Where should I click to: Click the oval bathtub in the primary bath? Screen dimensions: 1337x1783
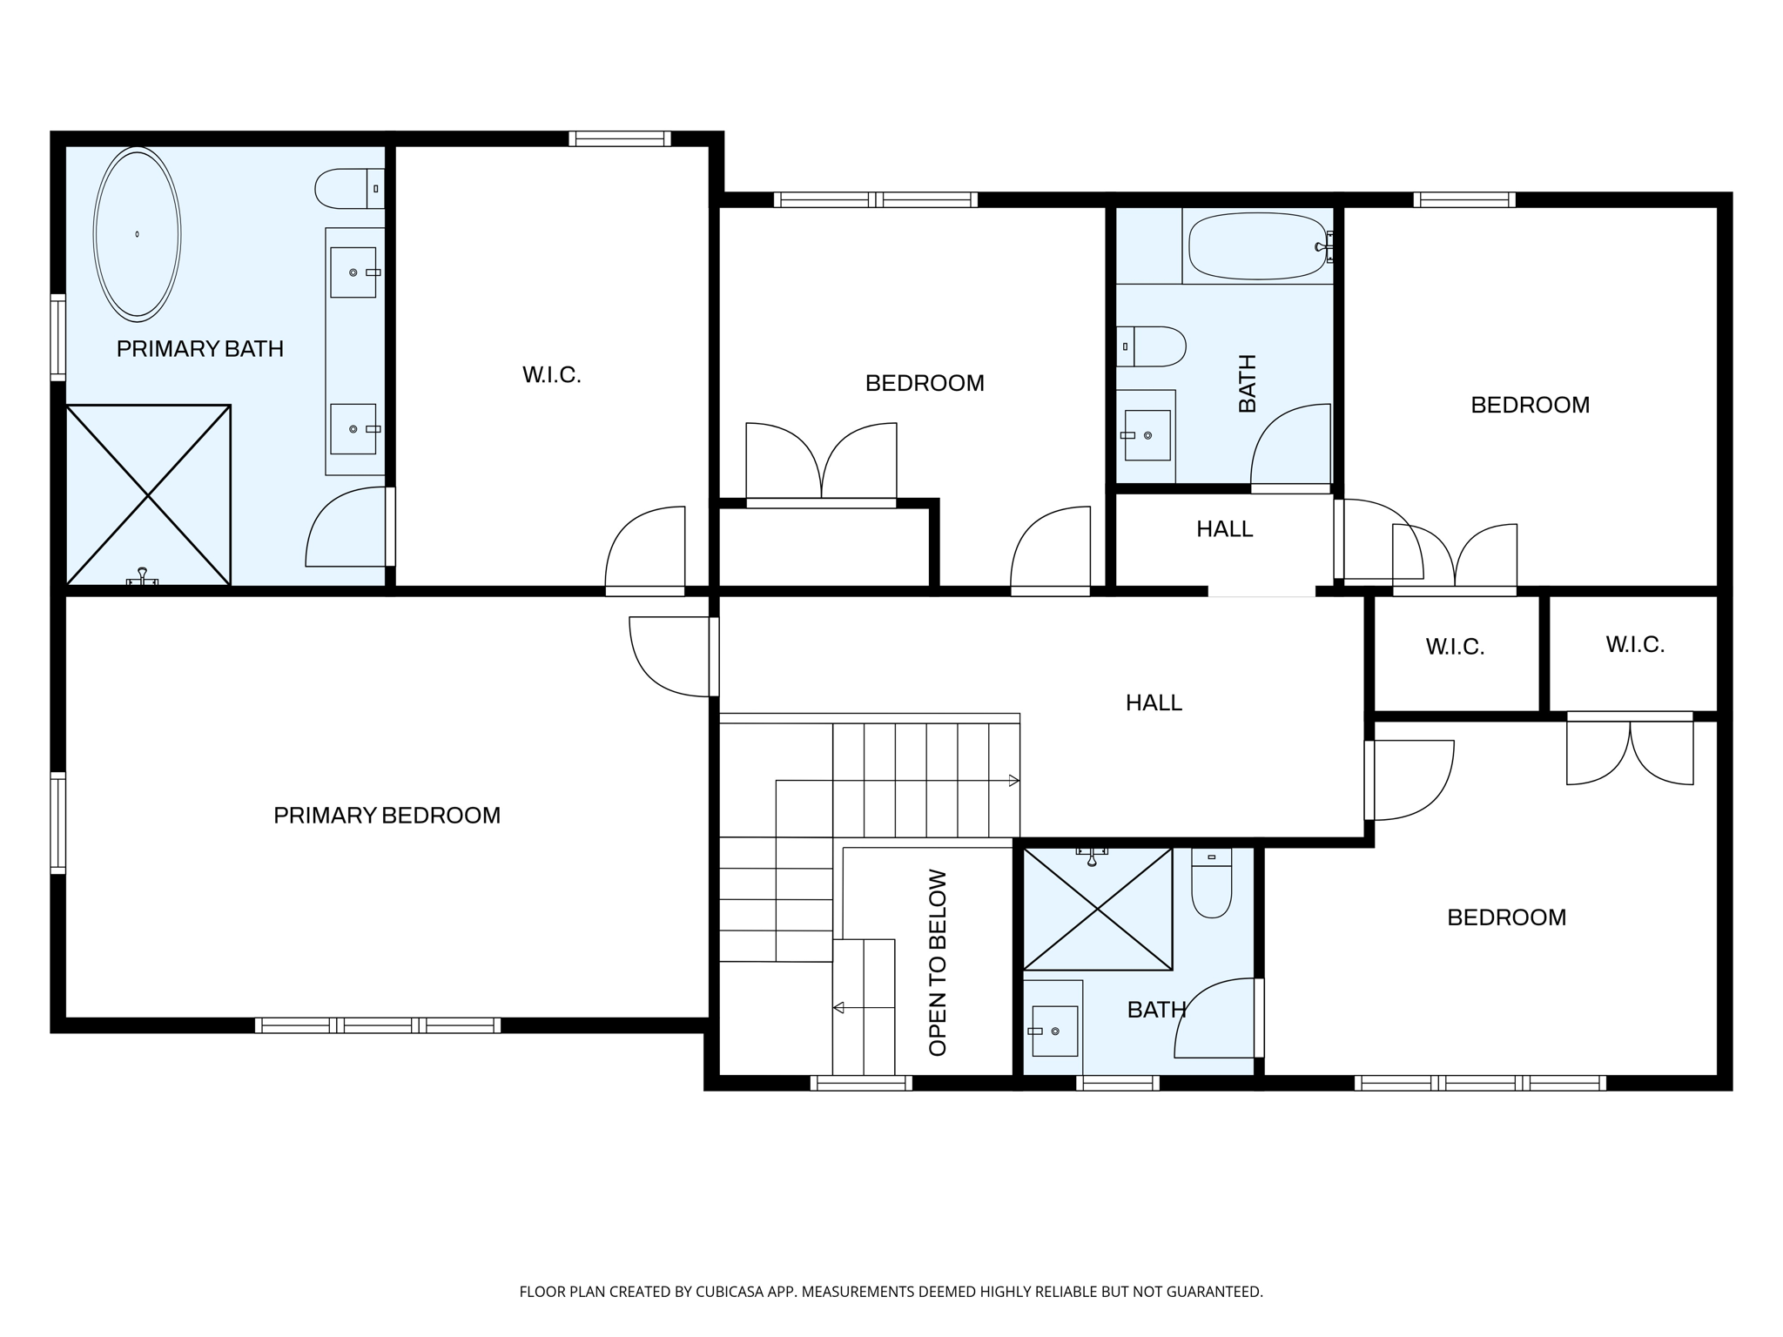point(137,233)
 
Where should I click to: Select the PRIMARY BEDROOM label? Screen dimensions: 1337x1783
point(387,816)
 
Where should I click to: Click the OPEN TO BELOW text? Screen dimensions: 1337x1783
point(938,963)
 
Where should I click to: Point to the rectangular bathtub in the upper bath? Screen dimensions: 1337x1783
point(1257,247)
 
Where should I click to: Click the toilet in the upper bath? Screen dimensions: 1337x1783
point(1152,346)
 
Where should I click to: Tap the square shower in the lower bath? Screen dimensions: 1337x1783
point(1098,909)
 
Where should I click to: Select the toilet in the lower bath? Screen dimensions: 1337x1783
point(1211,883)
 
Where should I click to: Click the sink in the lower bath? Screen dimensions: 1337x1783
point(1054,1031)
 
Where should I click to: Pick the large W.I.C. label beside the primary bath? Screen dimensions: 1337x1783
point(551,375)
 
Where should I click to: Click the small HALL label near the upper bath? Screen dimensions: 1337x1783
point(1224,529)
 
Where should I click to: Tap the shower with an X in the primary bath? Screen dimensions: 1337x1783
point(148,494)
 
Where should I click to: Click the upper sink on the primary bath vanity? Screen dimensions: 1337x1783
point(353,272)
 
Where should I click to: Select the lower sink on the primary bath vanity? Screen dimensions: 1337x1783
point(353,429)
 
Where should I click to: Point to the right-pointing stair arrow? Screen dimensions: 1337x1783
point(1013,781)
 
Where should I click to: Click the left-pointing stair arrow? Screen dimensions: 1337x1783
point(838,1008)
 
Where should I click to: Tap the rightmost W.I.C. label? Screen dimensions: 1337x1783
point(1634,645)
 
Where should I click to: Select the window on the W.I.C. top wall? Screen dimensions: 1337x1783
point(619,138)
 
